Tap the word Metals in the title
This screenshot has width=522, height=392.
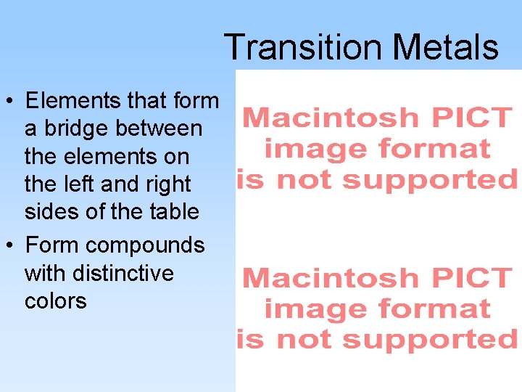coord(445,47)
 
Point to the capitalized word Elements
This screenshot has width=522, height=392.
coord(74,100)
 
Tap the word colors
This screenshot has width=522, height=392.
coord(55,301)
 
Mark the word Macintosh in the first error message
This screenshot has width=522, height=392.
coord(330,117)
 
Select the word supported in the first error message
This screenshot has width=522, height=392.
coord(430,179)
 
